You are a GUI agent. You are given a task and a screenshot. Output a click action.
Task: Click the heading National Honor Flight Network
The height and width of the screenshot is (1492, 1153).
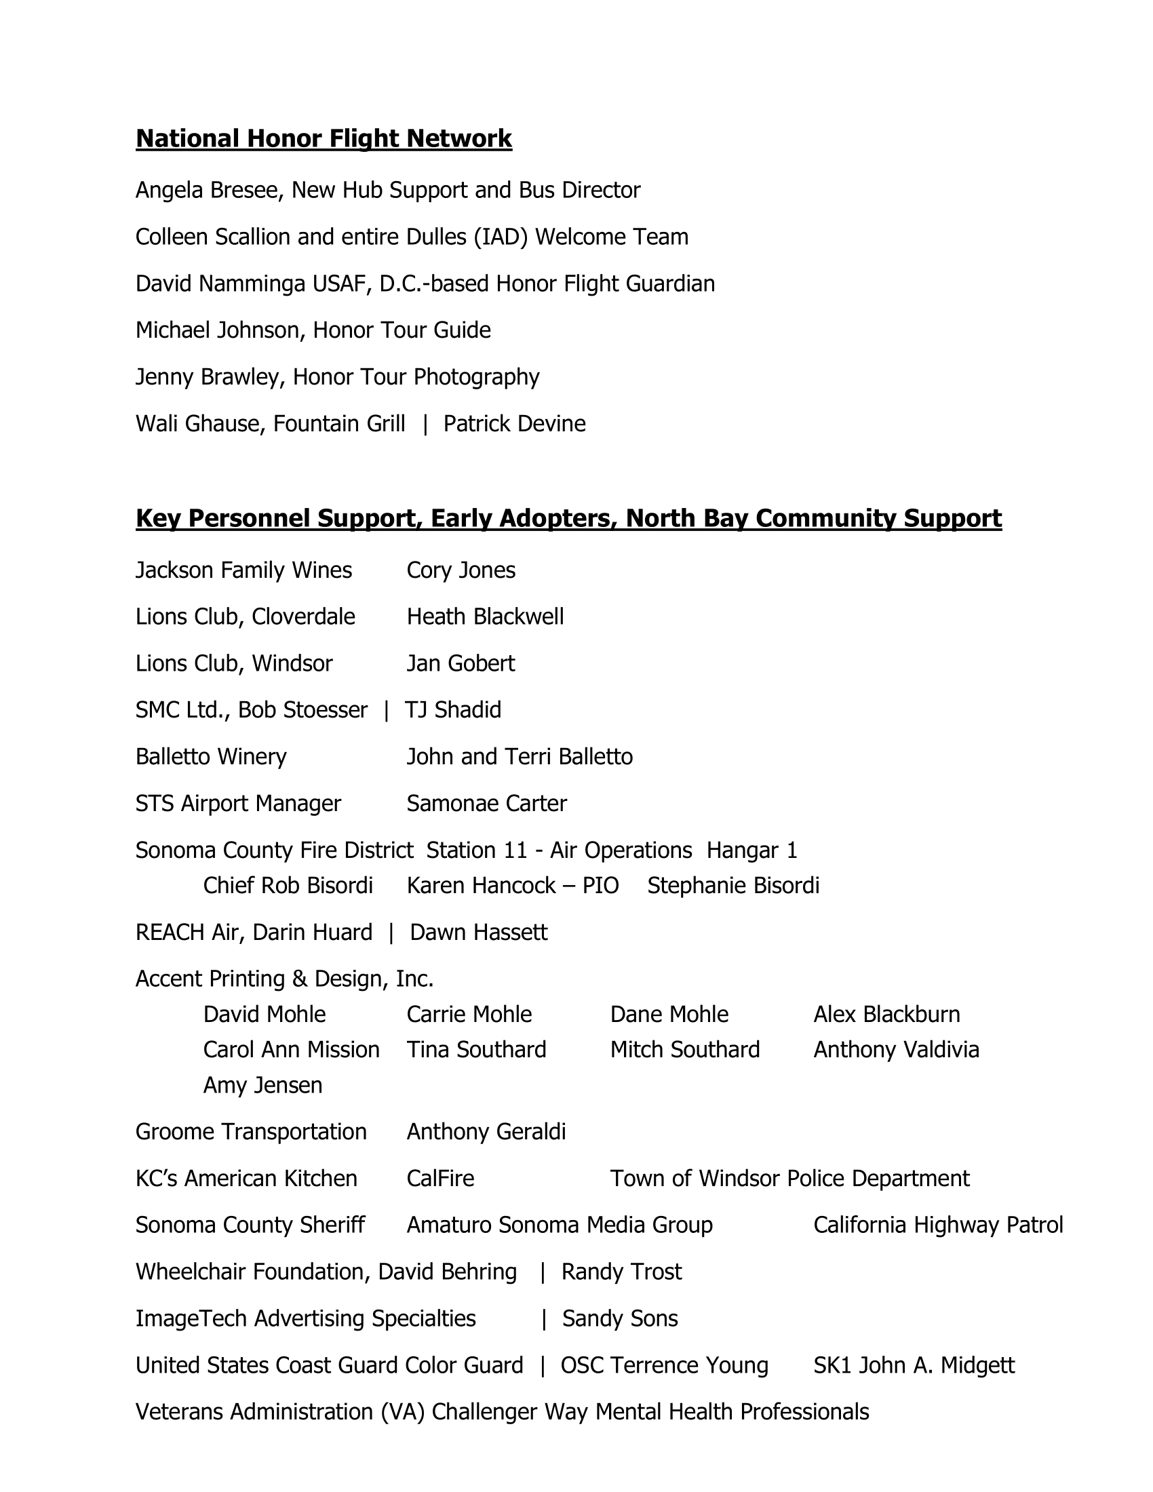pyautogui.click(x=324, y=138)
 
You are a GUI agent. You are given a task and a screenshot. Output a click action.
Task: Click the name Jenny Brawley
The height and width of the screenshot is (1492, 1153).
pyautogui.click(x=207, y=377)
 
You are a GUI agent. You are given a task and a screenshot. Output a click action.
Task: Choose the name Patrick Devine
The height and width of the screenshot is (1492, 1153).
pyautogui.click(x=514, y=424)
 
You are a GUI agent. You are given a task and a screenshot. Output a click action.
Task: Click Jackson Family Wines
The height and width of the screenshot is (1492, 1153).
pyautogui.click(x=244, y=570)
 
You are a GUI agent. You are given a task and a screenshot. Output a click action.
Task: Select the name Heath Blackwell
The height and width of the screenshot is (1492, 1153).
pyautogui.click(x=485, y=617)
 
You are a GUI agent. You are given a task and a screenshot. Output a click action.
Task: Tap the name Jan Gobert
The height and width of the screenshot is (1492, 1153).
pyautogui.click(x=461, y=663)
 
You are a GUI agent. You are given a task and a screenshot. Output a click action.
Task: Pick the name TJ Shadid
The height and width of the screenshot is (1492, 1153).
pyautogui.click(x=454, y=710)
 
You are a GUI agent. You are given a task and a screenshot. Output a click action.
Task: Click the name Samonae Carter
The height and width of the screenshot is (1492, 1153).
pyautogui.click(x=486, y=804)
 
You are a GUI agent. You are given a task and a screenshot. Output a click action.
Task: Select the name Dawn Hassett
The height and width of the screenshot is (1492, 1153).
pyautogui.click(x=478, y=932)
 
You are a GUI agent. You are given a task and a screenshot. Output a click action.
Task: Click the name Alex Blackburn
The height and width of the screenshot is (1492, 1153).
pyautogui.click(x=886, y=1015)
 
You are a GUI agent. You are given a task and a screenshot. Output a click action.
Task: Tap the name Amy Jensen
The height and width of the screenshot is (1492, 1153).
pyautogui.click(x=262, y=1085)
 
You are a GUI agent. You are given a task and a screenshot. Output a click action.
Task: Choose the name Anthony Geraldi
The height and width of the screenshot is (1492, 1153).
pyautogui.click(x=486, y=1132)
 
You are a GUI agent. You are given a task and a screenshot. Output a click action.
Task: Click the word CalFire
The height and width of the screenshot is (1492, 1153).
pyautogui.click(x=440, y=1179)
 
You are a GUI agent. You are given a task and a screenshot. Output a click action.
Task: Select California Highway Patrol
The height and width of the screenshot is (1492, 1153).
pyautogui.click(x=938, y=1225)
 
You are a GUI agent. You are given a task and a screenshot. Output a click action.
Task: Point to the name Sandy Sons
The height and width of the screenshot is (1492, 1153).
pyautogui.click(x=619, y=1318)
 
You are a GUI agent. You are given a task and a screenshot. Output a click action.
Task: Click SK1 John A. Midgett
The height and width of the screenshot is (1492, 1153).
pyautogui.click(x=914, y=1365)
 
